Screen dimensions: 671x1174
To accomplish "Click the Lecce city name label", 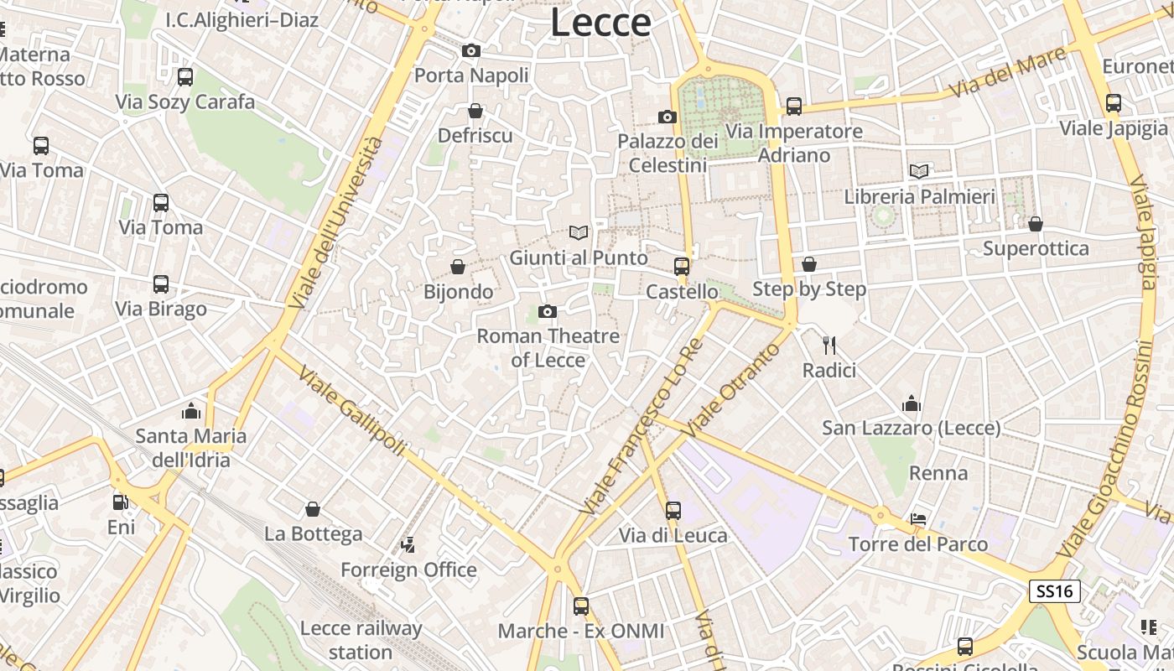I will (600, 23).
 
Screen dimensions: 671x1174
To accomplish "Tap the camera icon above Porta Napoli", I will (471, 51).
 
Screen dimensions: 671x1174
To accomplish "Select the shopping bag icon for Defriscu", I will (475, 111).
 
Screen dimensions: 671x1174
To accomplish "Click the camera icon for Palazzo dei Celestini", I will (668, 117).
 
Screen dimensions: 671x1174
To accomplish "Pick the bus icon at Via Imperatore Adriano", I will (793, 107).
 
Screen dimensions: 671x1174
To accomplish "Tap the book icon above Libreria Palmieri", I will (919, 171).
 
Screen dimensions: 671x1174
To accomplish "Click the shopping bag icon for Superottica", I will (1036, 224).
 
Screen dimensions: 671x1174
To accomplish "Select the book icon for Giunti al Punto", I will (579, 232).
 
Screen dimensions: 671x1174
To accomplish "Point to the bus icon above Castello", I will (682, 267).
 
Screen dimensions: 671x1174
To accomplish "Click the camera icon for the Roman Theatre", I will (548, 312).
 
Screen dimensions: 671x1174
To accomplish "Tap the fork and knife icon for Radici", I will (829, 345).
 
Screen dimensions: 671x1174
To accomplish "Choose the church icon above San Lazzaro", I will (912, 403).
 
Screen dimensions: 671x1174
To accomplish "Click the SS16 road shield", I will (1055, 591).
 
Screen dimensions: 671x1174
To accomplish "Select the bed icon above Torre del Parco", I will (919, 519).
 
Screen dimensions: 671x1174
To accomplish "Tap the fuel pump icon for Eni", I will (121, 502).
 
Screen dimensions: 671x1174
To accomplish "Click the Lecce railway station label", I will (361, 640).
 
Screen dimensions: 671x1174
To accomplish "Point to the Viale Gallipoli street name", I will (351, 412).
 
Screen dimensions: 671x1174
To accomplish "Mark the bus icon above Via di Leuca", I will (673, 510).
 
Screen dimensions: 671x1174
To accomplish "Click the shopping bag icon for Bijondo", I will (458, 267).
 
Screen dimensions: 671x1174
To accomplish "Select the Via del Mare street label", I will (1010, 73).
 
